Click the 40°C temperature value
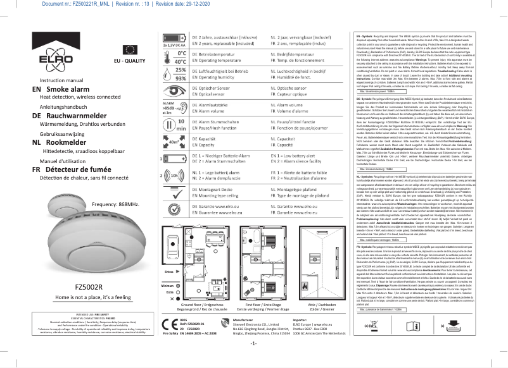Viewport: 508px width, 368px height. [x=180, y=62]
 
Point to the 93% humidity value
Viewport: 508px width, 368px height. [x=180, y=78]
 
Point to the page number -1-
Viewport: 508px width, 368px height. [x=253, y=361]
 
